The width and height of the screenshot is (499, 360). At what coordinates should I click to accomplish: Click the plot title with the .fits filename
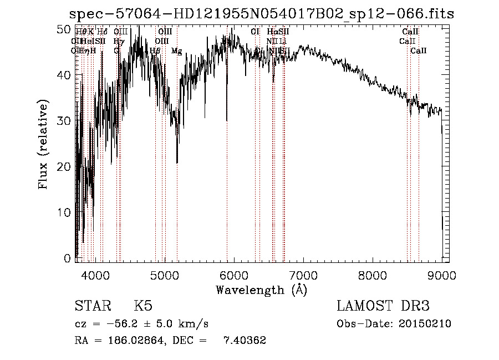point(261,14)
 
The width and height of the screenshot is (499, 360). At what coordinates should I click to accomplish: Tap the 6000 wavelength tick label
point(233,275)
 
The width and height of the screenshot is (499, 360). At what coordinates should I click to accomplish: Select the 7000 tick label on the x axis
point(303,275)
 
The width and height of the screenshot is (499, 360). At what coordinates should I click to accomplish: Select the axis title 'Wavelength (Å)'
point(261,290)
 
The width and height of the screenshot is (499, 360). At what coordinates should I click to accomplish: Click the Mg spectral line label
point(176,51)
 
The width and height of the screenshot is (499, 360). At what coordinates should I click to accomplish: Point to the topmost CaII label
point(410,32)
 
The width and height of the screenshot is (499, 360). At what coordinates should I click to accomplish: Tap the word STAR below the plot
point(93,306)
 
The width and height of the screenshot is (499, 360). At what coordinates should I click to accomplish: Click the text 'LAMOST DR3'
point(383,306)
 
